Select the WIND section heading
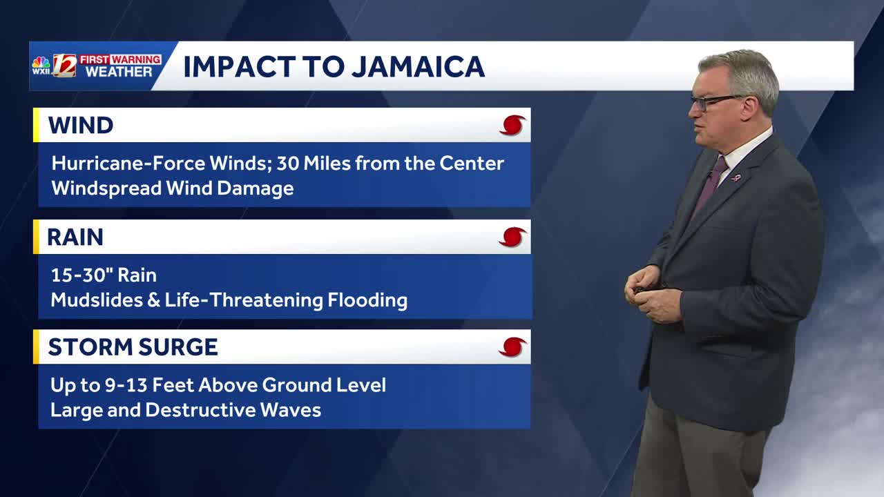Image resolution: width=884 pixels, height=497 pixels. pos(81,126)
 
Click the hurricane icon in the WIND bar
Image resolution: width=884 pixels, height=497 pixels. pos(512,126)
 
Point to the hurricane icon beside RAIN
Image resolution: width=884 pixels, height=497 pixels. pos(512,237)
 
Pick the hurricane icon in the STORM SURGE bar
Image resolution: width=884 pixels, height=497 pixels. pos(512,347)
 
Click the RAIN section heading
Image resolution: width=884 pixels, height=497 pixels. pos(75,237)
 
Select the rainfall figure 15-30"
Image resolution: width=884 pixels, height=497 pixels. pos(81,275)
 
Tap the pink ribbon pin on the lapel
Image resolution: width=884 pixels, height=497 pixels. pos(737,177)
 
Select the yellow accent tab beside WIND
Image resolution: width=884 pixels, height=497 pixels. pos(36,126)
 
